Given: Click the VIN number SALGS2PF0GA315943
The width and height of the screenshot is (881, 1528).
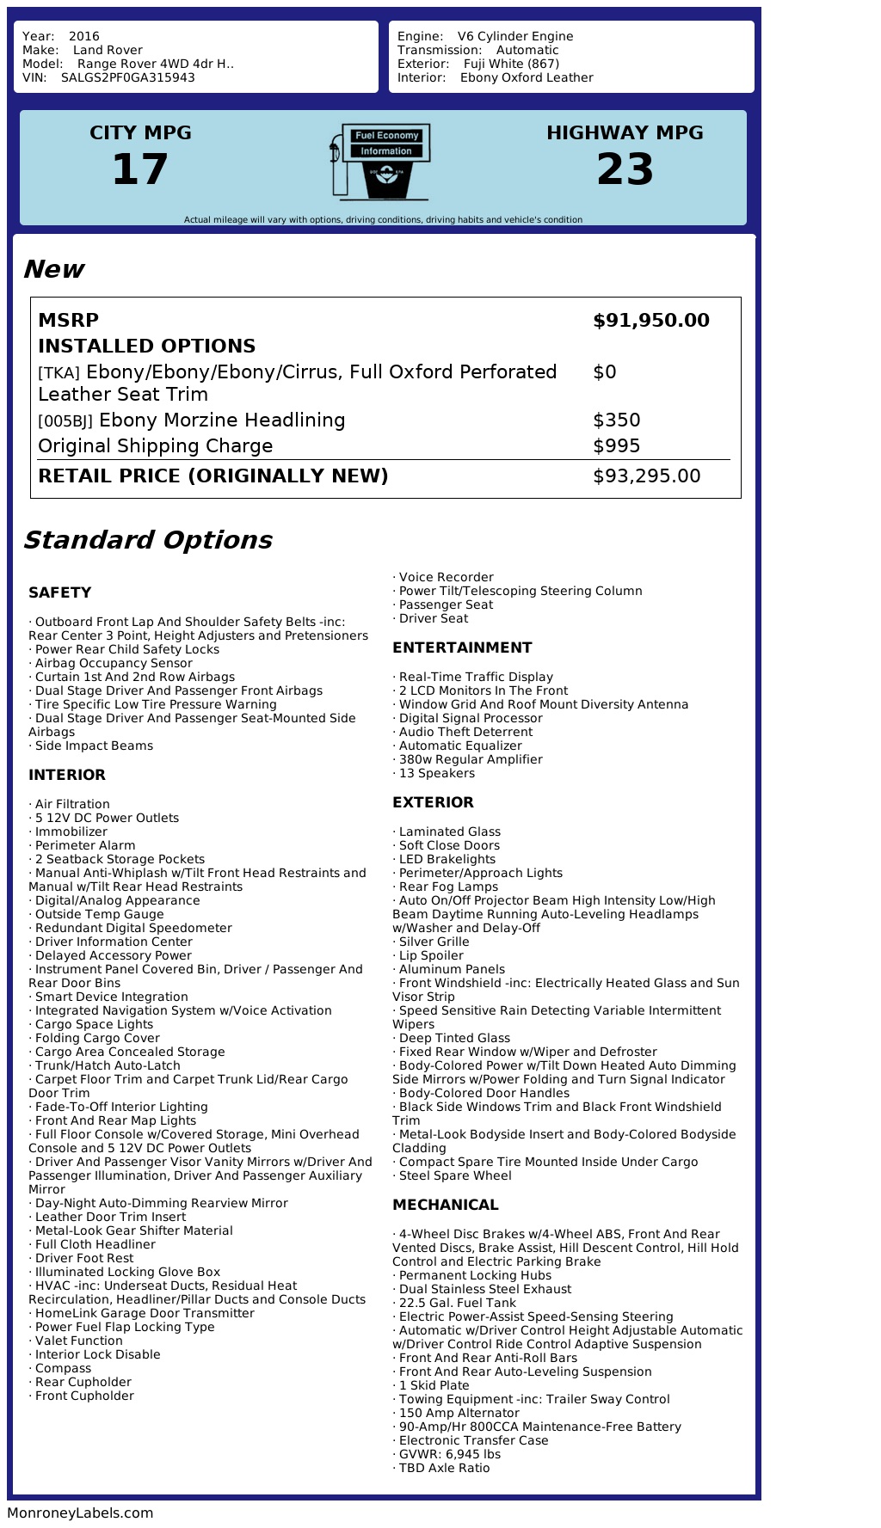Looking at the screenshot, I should (127, 77).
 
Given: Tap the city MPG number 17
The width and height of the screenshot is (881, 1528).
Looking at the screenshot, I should (140, 169).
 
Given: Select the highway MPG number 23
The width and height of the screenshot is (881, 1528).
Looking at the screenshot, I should (625, 169).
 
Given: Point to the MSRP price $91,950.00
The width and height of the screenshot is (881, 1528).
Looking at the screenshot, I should (650, 321).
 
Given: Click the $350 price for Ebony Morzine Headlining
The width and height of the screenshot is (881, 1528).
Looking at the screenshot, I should (616, 420).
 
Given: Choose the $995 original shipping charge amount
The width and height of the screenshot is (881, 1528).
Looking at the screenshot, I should (616, 446).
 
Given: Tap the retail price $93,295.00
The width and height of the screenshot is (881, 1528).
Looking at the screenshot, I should (646, 476).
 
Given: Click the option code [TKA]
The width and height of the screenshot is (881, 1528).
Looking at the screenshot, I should (59, 373).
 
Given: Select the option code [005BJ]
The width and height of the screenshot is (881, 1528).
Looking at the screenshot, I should (65, 421).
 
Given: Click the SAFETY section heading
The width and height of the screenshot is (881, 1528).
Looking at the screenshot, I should (59, 592).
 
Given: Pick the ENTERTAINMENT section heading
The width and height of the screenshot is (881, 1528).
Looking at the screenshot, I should (462, 647).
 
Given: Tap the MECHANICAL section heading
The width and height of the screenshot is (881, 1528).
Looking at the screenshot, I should (445, 1205).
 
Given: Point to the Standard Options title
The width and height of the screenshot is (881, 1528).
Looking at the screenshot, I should (147, 540).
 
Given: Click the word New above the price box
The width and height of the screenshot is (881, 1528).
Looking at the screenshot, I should (53, 269).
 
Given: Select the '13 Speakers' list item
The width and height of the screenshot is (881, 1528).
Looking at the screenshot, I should (436, 773).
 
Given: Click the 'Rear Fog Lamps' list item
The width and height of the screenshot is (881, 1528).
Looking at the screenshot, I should (448, 887).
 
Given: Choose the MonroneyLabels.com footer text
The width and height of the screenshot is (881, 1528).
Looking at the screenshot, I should (80, 1513).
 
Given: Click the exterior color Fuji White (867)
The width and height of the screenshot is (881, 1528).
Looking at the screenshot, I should (511, 64).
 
